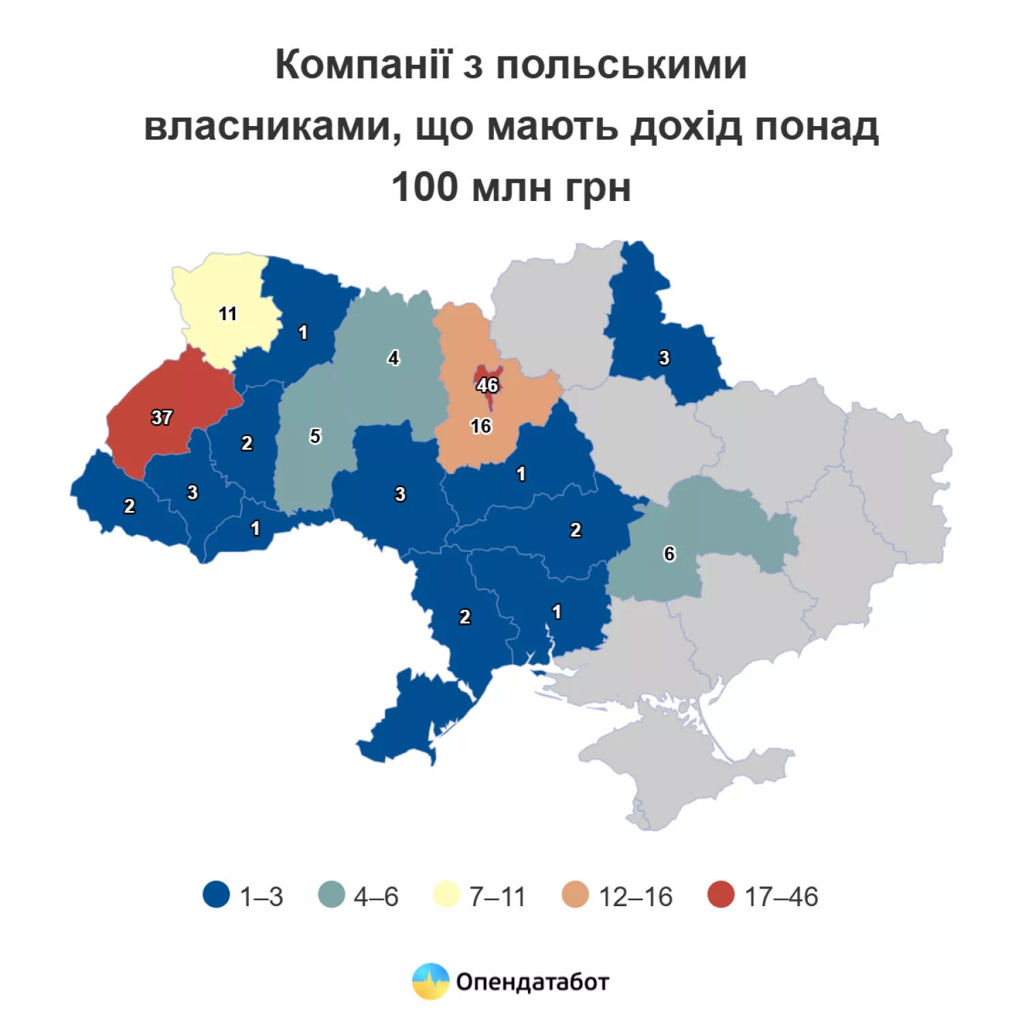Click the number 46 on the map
coord(487,385)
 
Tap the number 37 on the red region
coord(161,417)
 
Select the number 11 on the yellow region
coord(228,313)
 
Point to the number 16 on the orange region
coord(480,427)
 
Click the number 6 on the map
coord(669,554)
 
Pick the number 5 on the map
coord(315,436)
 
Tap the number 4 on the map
coord(393,358)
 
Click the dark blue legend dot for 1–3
coord(217,895)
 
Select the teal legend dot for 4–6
coord(332,895)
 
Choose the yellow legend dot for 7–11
coord(447,895)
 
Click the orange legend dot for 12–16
coord(576,895)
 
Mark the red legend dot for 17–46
coord(721,895)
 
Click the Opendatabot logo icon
coord(431,981)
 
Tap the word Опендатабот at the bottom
coord(532,982)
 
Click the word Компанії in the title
coord(363,65)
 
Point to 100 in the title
coord(424,187)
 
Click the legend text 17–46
coord(781,897)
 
